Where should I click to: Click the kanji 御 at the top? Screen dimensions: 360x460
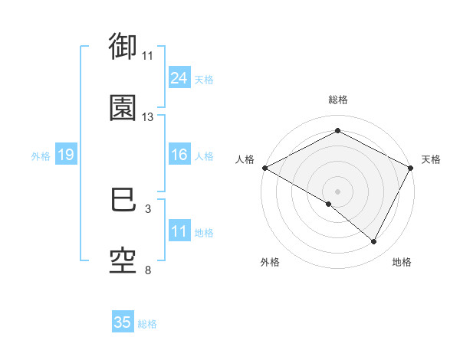pos(123,47)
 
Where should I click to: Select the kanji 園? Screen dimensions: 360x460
pos(123,107)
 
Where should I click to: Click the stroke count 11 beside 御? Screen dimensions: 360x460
pos(147,56)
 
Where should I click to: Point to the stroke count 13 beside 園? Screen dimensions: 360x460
pos(147,117)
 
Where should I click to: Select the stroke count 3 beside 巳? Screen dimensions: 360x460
pos(147,209)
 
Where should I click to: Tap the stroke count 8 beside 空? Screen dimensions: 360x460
pos(147,270)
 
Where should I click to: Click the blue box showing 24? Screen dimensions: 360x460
pos(179,78)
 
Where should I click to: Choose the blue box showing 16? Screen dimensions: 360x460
pos(179,155)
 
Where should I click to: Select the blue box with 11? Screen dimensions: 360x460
pos(179,231)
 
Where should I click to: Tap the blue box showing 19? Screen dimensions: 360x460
pos(66,155)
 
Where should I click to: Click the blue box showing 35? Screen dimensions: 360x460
pos(123,322)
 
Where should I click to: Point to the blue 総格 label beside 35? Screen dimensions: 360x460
pos(147,324)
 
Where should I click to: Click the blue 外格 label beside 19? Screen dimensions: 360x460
pos(41,155)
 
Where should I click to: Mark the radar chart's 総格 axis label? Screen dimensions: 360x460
pos(337,100)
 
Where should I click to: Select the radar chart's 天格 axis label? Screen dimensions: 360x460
pos(431,159)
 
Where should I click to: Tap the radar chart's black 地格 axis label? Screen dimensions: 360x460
pos(402,262)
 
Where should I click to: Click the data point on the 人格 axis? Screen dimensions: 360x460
pos(264,167)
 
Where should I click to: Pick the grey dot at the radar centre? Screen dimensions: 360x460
pos(337,191)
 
